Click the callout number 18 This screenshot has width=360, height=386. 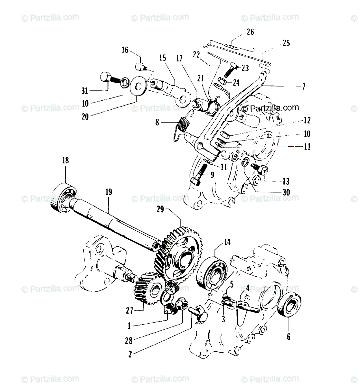pyautogui.click(x=65, y=160)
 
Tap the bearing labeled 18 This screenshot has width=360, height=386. pyautogui.click(x=64, y=198)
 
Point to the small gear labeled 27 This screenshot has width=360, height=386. pyautogui.click(x=149, y=290)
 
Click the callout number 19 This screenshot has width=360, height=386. pyautogui.click(x=109, y=192)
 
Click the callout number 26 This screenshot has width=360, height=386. pyautogui.click(x=250, y=32)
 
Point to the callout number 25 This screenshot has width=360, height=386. pyautogui.click(x=286, y=43)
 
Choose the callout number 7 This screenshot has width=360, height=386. pyautogui.click(x=303, y=86)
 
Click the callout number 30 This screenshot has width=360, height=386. pyautogui.click(x=286, y=192)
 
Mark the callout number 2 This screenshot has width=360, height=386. pyautogui.click(x=130, y=355)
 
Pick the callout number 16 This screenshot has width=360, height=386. pyautogui.click(x=125, y=50)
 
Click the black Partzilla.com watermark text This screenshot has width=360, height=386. pyautogui.click(x=270, y=108)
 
